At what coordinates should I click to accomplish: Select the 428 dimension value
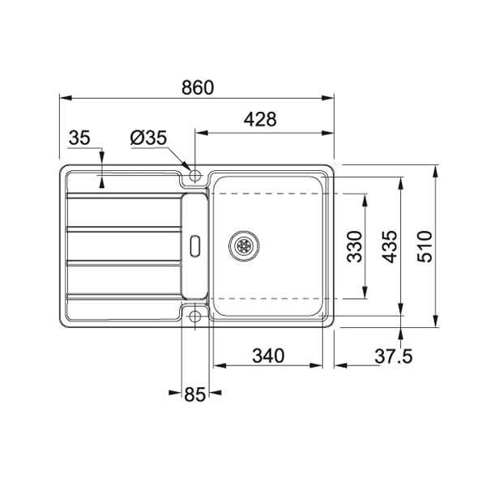click(260, 119)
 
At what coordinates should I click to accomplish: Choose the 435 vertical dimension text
click(389, 246)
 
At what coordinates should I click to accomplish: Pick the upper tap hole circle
click(194, 174)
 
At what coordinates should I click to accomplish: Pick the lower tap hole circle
click(194, 317)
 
